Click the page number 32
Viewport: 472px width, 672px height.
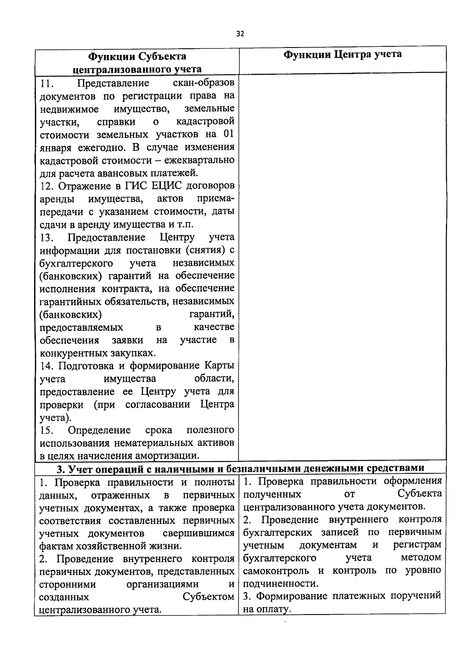pos(240,34)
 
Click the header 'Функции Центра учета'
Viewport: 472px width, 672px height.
pos(343,54)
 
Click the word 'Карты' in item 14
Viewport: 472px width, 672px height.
pos(219,366)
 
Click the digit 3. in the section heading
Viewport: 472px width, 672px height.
pos(60,468)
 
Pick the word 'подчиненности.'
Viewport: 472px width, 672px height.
pos(280,584)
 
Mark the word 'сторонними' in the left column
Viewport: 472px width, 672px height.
pos(68,584)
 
